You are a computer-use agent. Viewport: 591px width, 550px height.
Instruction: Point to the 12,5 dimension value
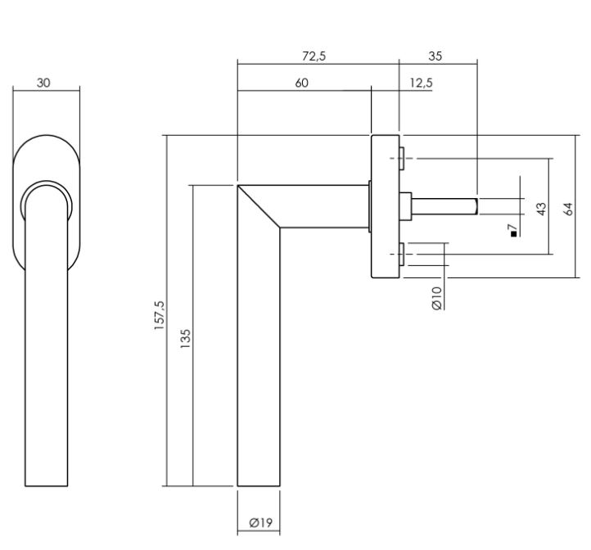[421, 83]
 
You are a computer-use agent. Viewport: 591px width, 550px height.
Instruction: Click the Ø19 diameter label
[259, 521]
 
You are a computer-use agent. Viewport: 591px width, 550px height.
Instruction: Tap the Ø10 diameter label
[437, 296]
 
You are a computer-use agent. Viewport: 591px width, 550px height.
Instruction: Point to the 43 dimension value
[541, 209]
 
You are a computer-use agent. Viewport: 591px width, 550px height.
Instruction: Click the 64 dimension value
[569, 209]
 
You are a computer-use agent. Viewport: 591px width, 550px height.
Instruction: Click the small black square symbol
[513, 235]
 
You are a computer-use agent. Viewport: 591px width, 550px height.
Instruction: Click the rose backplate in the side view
[384, 205]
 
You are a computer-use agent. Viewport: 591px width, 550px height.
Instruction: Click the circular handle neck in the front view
[45, 201]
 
